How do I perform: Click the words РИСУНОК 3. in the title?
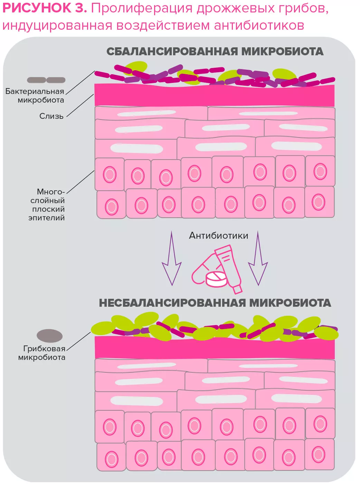point(45,8)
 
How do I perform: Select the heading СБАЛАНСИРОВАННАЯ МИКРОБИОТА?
point(215,51)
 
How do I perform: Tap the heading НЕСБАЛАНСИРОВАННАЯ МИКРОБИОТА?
point(215,303)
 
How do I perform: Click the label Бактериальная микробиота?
point(35,96)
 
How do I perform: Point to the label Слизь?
point(51,116)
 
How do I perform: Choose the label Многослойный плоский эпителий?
point(47,204)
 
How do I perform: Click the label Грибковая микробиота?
point(42,353)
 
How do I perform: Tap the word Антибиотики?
point(218,236)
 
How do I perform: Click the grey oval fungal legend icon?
point(50,336)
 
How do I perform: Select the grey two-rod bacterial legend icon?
point(46,80)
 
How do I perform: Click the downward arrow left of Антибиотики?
point(172,259)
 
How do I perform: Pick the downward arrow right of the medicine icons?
point(258,259)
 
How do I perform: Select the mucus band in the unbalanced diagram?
point(214,347)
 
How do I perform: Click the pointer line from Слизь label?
point(80,106)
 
